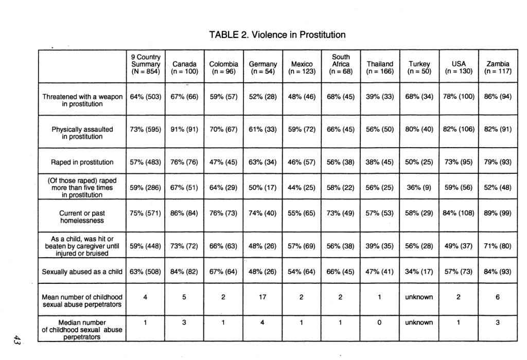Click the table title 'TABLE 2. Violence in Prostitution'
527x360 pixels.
pos(277,35)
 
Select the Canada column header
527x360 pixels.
pos(184,68)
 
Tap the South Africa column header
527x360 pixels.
pos(341,64)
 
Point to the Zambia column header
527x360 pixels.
pos(498,68)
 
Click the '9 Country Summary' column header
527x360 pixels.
pos(146,64)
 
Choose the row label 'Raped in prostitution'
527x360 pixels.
pos(82,162)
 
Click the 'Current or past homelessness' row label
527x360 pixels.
pos(82,217)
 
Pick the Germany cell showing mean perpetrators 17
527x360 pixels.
pos(262,297)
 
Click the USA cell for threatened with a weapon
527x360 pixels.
pos(459,97)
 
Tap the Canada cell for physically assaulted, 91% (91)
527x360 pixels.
pos(184,129)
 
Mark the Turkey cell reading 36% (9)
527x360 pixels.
pos(419,188)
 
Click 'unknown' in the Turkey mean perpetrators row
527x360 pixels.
pos(419,297)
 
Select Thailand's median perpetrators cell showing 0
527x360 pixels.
pos(380,322)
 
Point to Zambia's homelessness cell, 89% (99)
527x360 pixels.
pos(498,212)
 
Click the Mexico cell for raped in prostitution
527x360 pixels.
pos(302,162)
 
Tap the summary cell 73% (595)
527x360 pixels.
pos(146,129)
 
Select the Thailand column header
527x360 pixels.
pos(380,68)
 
